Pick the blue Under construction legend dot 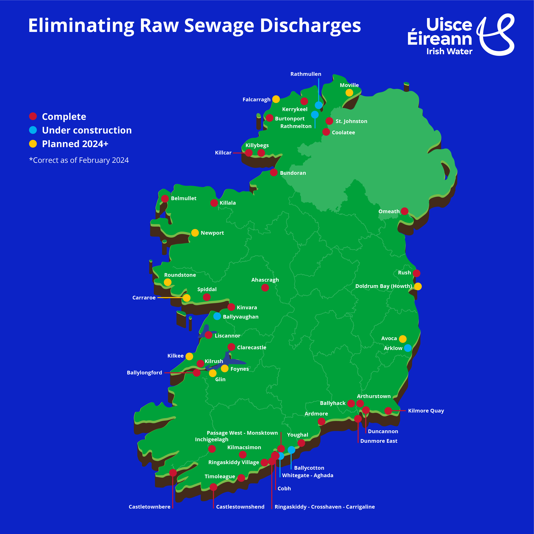pyautogui.click(x=33, y=130)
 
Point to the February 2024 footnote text pyautogui.click(x=79, y=160)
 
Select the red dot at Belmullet pyautogui.click(x=165, y=198)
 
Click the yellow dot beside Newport pyautogui.click(x=195, y=233)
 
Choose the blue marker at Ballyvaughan pyautogui.click(x=217, y=316)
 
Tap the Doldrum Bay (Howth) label pyautogui.click(x=383, y=286)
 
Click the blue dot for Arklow pyautogui.click(x=408, y=348)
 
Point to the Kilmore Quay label pyautogui.click(x=426, y=411)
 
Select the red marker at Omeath pyautogui.click(x=404, y=211)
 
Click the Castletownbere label pyautogui.click(x=149, y=507)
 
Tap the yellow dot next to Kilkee pyautogui.click(x=189, y=356)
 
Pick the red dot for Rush pyautogui.click(x=417, y=273)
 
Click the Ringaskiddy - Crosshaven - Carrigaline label pyautogui.click(x=324, y=507)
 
